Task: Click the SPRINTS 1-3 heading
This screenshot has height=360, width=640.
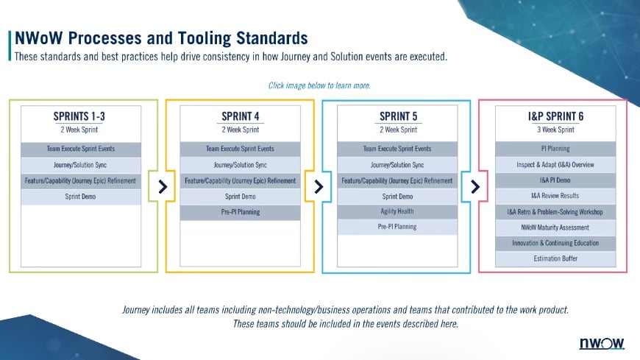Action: click(83, 116)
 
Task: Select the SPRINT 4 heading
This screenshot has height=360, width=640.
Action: click(240, 116)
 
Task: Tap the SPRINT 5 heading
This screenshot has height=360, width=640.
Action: click(397, 116)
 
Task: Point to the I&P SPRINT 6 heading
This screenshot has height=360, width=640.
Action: click(555, 116)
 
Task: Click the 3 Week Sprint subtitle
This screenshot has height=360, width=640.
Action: click(555, 130)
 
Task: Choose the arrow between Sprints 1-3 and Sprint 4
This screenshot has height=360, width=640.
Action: click(162, 186)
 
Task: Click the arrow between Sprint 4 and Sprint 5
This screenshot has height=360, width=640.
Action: click(319, 186)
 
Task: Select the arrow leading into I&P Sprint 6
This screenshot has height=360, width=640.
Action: click(475, 186)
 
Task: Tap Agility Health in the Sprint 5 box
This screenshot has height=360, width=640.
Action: click(397, 212)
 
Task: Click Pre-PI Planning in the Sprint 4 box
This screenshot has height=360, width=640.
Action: click(240, 212)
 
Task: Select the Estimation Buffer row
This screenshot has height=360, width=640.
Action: click(555, 259)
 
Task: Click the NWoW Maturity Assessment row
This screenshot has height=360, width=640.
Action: click(555, 227)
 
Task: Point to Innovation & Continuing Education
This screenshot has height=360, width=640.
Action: click(555, 243)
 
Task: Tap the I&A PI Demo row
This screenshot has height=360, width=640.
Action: click(555, 180)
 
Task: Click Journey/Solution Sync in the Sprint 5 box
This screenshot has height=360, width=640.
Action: click(397, 165)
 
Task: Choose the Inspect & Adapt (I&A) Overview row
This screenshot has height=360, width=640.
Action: click(555, 165)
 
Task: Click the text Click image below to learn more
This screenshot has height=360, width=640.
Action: click(319, 85)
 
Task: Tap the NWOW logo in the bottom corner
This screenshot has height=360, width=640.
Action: click(602, 344)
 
